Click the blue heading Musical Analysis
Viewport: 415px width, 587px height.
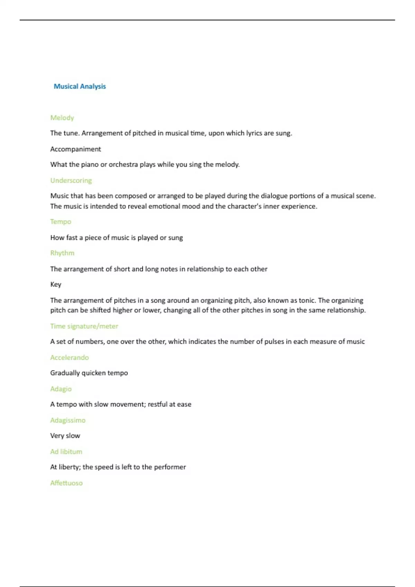(80, 86)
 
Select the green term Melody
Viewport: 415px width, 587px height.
(62, 118)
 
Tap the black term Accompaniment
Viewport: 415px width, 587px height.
(75, 149)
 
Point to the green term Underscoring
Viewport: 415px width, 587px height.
(71, 180)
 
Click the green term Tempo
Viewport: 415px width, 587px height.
(61, 222)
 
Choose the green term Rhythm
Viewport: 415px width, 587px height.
(62, 253)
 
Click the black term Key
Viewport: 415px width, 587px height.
(56, 285)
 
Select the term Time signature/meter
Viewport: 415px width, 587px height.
(84, 326)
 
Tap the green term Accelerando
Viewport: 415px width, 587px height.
(69, 357)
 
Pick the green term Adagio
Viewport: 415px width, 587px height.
(61, 389)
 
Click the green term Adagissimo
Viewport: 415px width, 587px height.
(68, 420)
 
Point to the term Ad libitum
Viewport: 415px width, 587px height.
(66, 452)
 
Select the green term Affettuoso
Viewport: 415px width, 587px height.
(66, 483)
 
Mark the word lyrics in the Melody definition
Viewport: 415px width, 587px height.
(254, 133)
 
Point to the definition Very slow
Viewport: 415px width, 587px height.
(65, 436)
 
